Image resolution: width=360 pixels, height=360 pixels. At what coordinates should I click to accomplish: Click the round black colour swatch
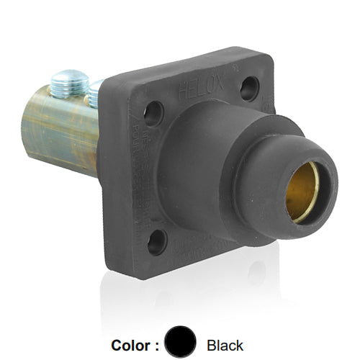click(180, 343)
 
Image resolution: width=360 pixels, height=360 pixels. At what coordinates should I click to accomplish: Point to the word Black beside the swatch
click(225, 345)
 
